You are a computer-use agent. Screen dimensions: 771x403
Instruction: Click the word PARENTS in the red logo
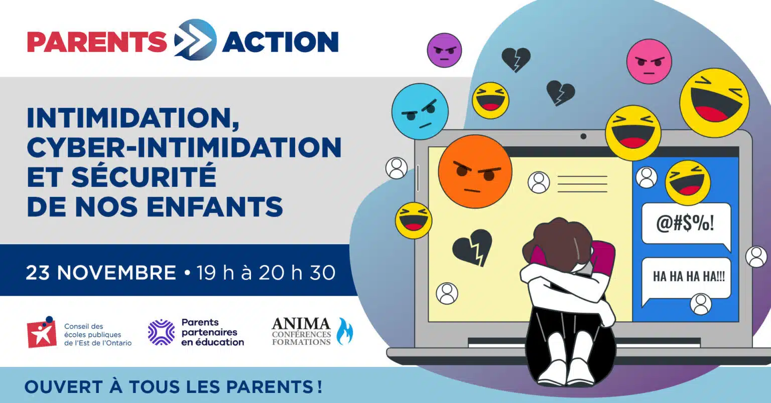(x=97, y=42)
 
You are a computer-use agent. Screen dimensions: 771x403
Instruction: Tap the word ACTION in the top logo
(x=281, y=42)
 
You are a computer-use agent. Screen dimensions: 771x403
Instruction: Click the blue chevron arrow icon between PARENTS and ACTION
(x=195, y=40)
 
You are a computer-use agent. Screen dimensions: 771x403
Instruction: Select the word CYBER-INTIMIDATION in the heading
(x=184, y=147)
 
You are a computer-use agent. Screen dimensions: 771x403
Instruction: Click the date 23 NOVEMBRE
(x=101, y=273)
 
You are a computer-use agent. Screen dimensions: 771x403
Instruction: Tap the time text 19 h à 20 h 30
(x=266, y=273)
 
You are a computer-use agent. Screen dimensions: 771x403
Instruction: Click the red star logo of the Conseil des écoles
(x=42, y=332)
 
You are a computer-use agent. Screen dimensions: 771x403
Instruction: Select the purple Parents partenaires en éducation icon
(x=161, y=332)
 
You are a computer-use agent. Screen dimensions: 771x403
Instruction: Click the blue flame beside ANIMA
(x=345, y=331)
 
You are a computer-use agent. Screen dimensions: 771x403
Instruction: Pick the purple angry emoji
(x=444, y=50)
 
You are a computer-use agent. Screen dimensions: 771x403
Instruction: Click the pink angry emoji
(x=649, y=61)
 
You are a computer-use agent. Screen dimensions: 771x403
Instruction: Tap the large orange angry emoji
(x=475, y=171)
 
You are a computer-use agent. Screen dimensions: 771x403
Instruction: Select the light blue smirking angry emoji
(x=420, y=111)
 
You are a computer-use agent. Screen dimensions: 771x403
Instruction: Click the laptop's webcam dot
(x=583, y=136)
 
